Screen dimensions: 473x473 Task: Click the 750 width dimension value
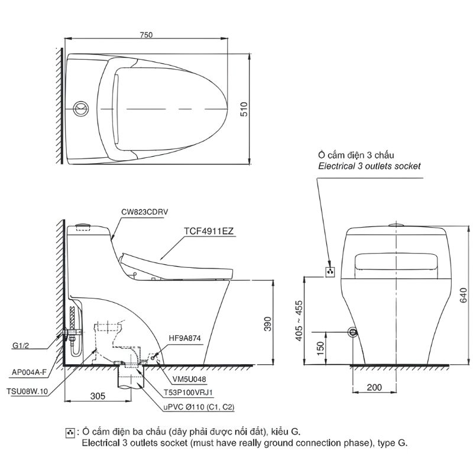[146, 35]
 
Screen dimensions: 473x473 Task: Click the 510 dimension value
[244, 109]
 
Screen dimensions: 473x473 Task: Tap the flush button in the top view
[81, 108]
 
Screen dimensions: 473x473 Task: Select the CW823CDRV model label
[144, 212]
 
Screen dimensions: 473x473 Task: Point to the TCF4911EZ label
[209, 231]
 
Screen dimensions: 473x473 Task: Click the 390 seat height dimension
[268, 324]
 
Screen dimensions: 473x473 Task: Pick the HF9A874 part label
[184, 338]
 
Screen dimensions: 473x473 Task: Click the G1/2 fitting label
[21, 345]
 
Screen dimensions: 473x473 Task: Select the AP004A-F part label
[29, 372]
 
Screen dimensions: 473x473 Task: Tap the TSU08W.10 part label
[27, 391]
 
